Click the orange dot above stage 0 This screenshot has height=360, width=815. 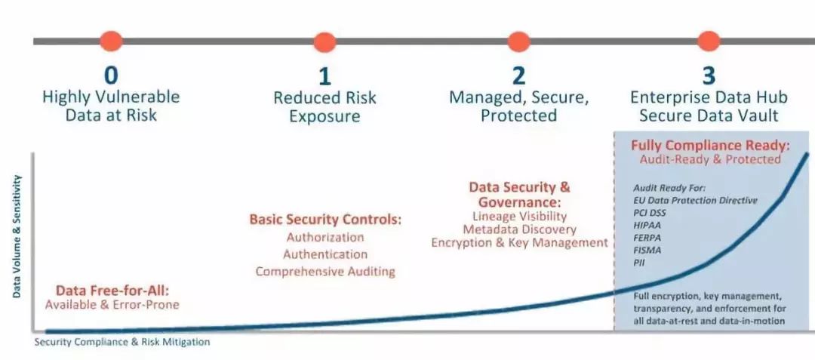coord(111,41)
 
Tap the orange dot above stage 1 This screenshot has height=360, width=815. coord(324,42)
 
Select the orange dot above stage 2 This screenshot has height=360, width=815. coord(518,42)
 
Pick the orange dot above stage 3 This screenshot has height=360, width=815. coord(709,41)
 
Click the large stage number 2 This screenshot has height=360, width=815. coord(518,76)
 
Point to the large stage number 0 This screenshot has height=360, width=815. coord(111,75)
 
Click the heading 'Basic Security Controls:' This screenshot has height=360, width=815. coord(326,219)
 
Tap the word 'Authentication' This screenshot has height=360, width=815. coord(325,254)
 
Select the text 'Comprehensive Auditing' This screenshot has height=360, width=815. coord(325,271)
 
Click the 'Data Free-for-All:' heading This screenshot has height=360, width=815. coord(112,290)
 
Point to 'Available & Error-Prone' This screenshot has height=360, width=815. coord(112,304)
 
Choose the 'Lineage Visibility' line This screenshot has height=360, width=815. coord(519,216)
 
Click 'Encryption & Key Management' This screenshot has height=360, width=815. coord(519,242)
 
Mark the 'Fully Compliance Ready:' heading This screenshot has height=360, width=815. coord(710,146)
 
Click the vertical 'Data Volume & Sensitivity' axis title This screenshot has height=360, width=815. coord(17,235)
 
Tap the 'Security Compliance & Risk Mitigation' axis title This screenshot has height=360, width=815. coord(122,342)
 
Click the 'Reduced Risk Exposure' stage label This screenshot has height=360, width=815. coord(324,106)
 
